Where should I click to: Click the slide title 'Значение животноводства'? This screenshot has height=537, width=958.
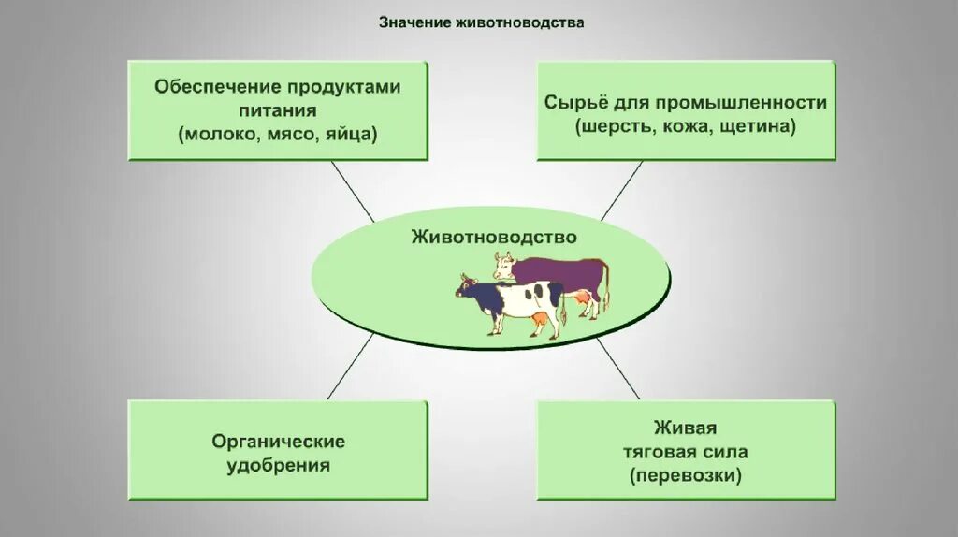(x=481, y=22)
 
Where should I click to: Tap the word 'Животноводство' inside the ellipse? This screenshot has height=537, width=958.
(x=494, y=237)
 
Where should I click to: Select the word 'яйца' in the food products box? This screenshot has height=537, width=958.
(x=351, y=134)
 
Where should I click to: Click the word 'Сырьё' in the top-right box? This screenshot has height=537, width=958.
(x=571, y=102)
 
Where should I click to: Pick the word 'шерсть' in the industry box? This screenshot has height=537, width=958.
(x=609, y=125)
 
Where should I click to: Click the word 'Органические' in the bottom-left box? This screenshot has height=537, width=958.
(x=278, y=441)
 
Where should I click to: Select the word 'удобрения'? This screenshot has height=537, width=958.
(x=278, y=465)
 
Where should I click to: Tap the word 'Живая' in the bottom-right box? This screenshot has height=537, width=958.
(x=686, y=428)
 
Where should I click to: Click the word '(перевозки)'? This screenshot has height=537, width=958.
(x=686, y=476)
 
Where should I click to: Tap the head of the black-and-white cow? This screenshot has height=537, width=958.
(x=469, y=285)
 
